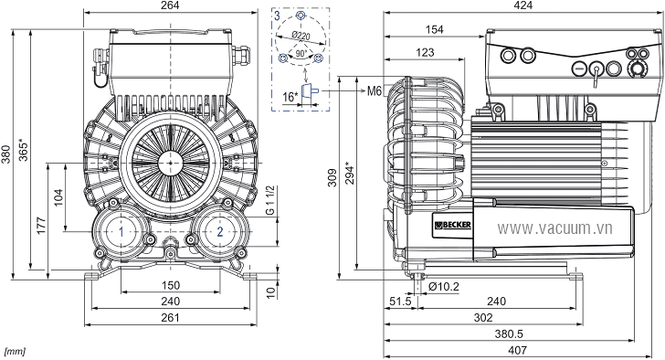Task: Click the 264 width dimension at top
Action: [x=170, y=5]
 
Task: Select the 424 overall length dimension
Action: [x=522, y=5]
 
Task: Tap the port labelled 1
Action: [x=121, y=231]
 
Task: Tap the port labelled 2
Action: [x=219, y=231]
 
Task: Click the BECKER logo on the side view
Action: [x=452, y=225]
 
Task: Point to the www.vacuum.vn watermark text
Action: [x=554, y=228]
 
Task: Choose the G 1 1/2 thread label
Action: [x=270, y=200]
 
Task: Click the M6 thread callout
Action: [x=375, y=90]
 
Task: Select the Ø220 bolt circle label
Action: [x=301, y=36]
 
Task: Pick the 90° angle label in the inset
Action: [x=301, y=54]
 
